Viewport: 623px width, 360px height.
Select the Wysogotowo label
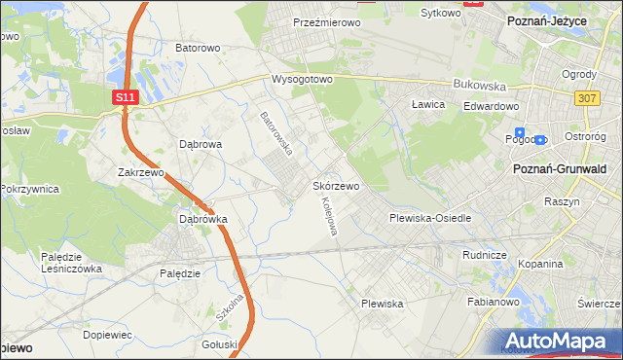pos(303,80)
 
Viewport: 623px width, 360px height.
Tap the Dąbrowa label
pos(202,144)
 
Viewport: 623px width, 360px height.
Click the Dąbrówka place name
pos(203,219)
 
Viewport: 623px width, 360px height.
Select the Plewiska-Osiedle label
pos(430,218)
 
